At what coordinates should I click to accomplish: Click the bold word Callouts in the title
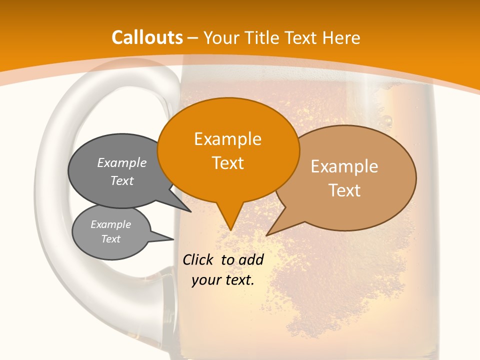(x=147, y=37)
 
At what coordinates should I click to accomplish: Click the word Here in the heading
(x=341, y=37)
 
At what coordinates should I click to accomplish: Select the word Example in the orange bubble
(x=227, y=139)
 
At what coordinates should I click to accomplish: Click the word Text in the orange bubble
(x=227, y=163)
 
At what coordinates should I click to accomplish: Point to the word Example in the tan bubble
(x=344, y=166)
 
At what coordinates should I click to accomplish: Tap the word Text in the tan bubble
(x=344, y=190)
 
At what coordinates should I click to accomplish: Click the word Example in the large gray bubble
(x=122, y=163)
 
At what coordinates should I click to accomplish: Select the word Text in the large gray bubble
(x=122, y=181)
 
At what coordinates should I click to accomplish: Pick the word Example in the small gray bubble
(x=111, y=224)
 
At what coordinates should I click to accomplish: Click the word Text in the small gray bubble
(x=111, y=239)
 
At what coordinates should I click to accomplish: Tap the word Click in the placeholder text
(x=199, y=259)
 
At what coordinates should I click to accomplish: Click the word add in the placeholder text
(x=251, y=259)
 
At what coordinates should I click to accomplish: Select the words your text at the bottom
(x=223, y=280)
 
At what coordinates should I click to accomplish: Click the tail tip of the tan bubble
(x=267, y=235)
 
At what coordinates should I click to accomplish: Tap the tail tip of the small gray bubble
(x=173, y=239)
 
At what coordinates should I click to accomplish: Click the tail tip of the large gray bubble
(x=190, y=211)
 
